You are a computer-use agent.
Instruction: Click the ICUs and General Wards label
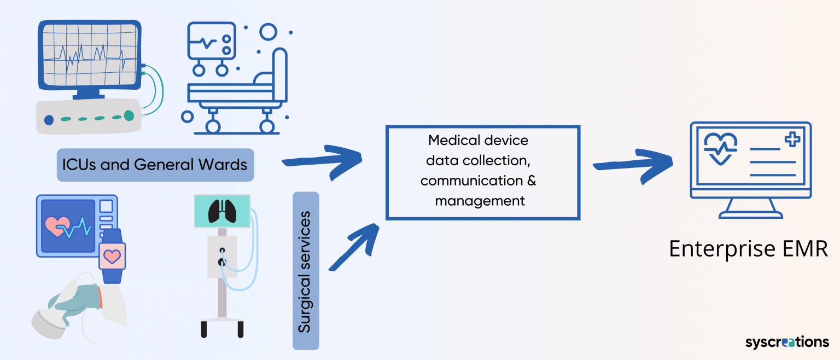click(x=155, y=165)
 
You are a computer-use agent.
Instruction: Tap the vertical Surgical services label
click(x=305, y=271)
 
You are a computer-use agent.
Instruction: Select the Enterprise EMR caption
click(x=748, y=248)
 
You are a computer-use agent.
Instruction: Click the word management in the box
click(x=480, y=201)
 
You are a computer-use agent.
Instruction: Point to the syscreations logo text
click(x=787, y=342)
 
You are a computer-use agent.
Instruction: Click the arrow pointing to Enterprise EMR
click(x=634, y=161)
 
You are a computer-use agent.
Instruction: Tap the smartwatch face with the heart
click(x=112, y=256)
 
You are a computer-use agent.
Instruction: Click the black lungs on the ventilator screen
click(x=222, y=210)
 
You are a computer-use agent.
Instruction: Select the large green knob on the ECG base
click(x=129, y=115)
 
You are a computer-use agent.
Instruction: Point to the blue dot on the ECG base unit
click(x=49, y=119)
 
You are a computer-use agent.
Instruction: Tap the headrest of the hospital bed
click(x=280, y=74)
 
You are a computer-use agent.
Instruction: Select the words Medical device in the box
click(x=478, y=141)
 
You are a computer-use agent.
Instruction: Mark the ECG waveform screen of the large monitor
click(x=87, y=55)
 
